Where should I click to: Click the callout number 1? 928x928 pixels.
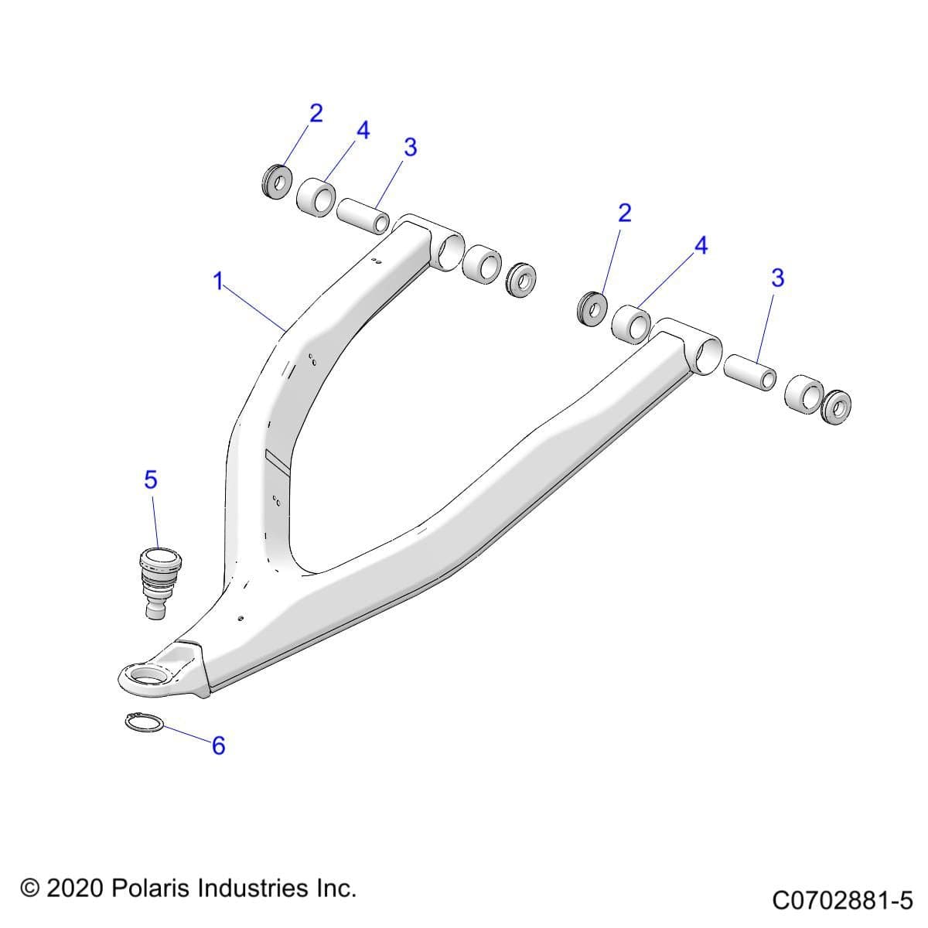coord(219,281)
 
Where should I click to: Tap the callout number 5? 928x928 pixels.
coord(151,479)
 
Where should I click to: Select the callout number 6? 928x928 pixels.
coord(218,745)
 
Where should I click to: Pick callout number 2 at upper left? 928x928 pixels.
coord(316,113)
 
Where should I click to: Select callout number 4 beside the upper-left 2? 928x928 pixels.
coord(363,130)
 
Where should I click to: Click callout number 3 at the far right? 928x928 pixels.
coord(778,277)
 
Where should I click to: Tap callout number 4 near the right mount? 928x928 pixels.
coord(701,246)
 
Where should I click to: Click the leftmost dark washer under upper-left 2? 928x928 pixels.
coord(275,179)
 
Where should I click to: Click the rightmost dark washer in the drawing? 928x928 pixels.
coord(836,405)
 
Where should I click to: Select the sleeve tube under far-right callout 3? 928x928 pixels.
coord(749,372)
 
